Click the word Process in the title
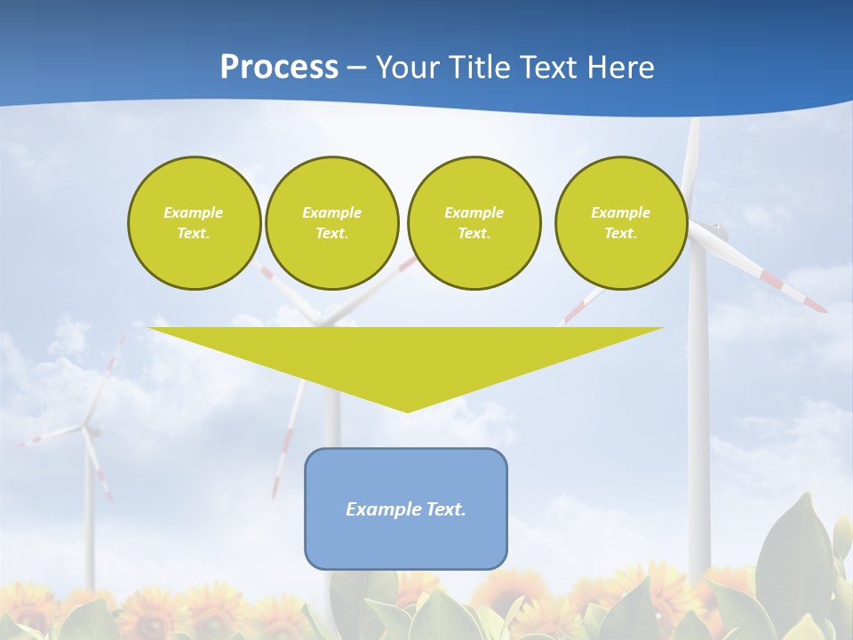[279, 67]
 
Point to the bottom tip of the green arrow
[407, 411]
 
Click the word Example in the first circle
[194, 212]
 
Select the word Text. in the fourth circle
[620, 233]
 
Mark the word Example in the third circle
[474, 212]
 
